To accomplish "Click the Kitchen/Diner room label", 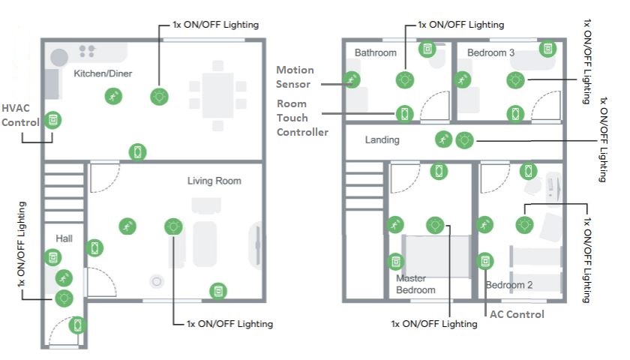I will pyautogui.click(x=104, y=73).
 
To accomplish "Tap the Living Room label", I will pyautogui.click(x=214, y=181).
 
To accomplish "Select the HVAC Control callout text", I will pyautogui.click(x=20, y=114).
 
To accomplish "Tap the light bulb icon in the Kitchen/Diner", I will pyautogui.click(x=159, y=95).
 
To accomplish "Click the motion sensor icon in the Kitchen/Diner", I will pyautogui.click(x=112, y=95).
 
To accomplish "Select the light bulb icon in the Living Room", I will pyautogui.click(x=173, y=225).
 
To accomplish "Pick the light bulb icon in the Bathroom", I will pyautogui.click(x=404, y=79).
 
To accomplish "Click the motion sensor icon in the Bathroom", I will pyautogui.click(x=351, y=79).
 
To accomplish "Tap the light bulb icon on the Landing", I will pyautogui.click(x=466, y=139).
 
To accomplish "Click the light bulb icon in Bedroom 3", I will pyautogui.click(x=515, y=79).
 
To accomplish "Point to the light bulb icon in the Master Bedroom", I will pyautogui.click(x=434, y=223).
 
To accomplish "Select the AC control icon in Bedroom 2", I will pyautogui.click(x=486, y=261).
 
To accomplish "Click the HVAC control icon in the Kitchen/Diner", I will pyautogui.click(x=52, y=119).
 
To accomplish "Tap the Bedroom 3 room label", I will pyautogui.click(x=490, y=53).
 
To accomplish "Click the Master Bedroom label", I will pyautogui.click(x=415, y=284).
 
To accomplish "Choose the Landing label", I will pyautogui.click(x=382, y=140).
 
